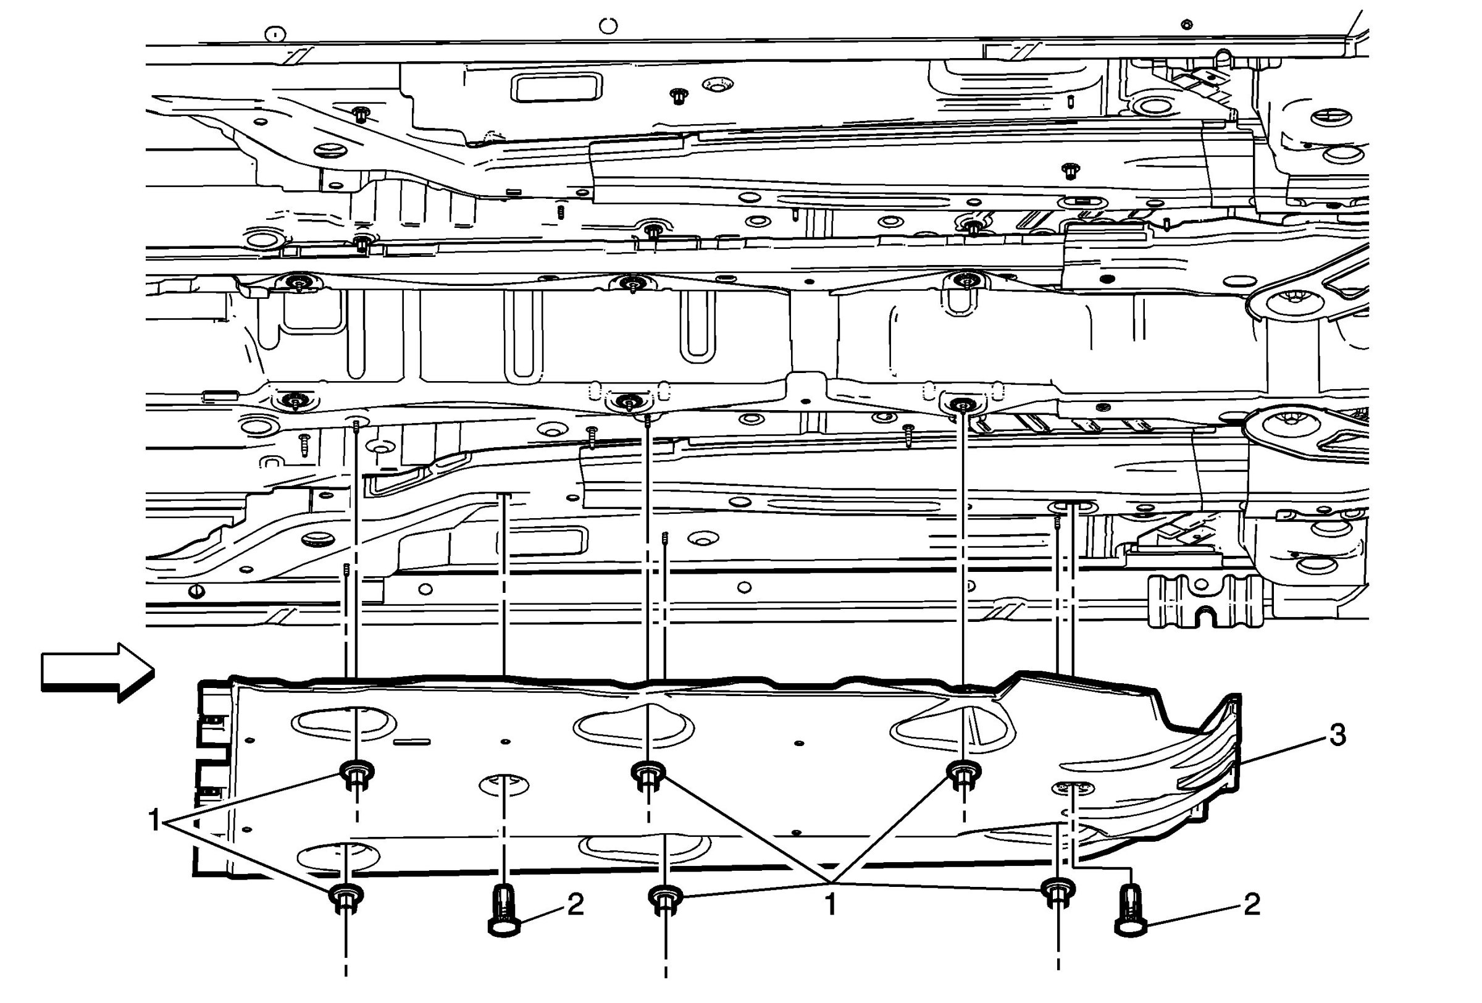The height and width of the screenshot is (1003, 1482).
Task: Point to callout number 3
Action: (x=1337, y=734)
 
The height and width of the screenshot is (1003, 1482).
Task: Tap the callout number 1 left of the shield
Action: (x=154, y=821)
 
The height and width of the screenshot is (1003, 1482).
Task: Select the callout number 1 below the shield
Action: (x=831, y=904)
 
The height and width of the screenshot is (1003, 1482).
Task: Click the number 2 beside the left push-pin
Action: (x=575, y=904)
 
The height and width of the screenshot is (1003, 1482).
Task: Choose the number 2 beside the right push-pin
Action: (x=1252, y=904)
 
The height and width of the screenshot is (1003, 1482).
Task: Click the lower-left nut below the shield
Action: (x=346, y=897)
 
